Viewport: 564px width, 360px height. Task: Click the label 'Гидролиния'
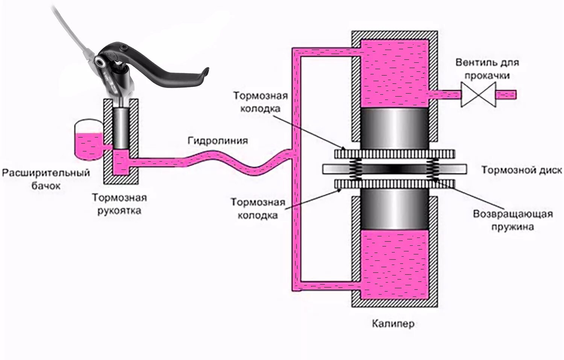(x=218, y=141)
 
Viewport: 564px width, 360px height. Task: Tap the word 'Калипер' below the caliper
(x=393, y=323)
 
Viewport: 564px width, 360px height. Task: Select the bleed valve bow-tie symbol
(x=478, y=94)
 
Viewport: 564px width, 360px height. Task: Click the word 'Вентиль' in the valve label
(x=473, y=62)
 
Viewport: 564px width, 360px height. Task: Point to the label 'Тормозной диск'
(x=522, y=170)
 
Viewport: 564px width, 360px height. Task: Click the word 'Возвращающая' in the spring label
(x=513, y=214)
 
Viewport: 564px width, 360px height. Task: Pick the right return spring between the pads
(x=433, y=169)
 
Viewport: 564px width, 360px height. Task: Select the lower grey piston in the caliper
(x=394, y=209)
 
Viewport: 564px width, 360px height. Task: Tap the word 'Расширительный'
(x=46, y=173)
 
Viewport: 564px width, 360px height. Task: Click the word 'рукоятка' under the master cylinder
(x=119, y=210)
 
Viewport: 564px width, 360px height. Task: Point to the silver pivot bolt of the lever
(x=100, y=61)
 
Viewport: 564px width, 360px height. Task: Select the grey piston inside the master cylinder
(x=120, y=128)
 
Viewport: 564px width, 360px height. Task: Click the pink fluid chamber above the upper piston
(x=394, y=73)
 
